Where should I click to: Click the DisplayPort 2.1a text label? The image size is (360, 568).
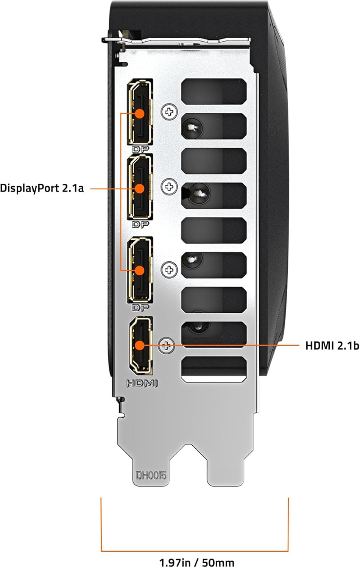coord(42,188)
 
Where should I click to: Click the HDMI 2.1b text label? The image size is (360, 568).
coord(332,345)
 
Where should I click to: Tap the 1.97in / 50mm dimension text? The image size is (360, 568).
coord(196,562)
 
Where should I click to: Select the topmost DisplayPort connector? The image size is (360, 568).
coord(140,112)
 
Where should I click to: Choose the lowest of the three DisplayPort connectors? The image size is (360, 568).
coord(140,270)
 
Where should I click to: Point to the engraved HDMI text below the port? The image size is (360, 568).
coord(142,383)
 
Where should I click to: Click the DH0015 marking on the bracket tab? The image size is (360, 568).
coord(151,475)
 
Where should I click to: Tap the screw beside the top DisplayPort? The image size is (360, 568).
coord(169,112)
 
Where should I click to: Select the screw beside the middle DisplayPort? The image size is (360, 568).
coord(169,186)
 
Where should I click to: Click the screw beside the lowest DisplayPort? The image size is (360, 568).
coord(169,270)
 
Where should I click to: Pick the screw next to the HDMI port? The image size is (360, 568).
coord(166,345)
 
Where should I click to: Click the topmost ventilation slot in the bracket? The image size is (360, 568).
coord(214,91)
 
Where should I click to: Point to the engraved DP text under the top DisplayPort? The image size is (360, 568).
coord(140,149)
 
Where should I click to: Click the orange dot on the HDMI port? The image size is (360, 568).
coord(140,345)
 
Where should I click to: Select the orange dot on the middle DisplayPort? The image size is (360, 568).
coord(140,188)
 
